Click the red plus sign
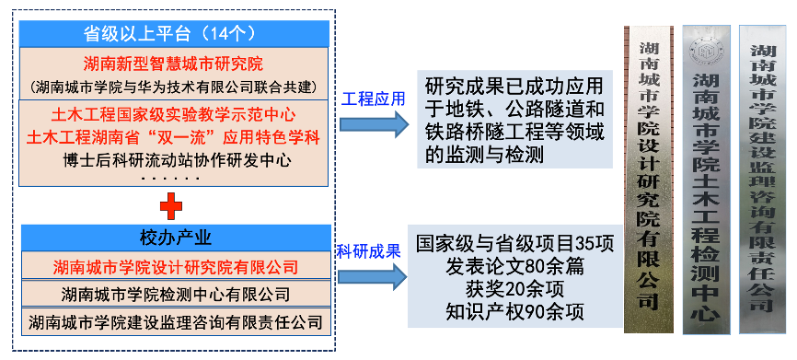pos(171,206)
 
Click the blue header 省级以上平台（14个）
pos(174,34)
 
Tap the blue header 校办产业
pos(176,238)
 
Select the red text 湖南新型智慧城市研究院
pos(173,64)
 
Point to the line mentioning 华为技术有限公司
pos(174,87)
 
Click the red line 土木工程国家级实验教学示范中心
pos(173,115)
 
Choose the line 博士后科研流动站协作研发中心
pos(173,160)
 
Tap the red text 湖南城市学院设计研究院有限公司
pos(176,266)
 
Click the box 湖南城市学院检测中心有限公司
pos(176,294)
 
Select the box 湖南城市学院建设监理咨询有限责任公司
pos(176,322)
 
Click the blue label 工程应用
pos(373,99)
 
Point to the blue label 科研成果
pos(370,251)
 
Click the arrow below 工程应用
pos(374,124)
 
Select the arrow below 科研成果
pos(372,277)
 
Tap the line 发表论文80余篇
pos(515,266)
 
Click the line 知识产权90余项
pos(515,311)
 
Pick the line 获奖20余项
pos(515,289)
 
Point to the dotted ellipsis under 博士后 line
pos(170,179)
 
